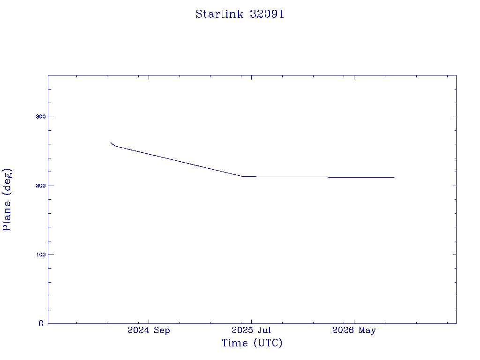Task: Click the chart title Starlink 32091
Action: click(240, 14)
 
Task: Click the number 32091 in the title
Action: click(267, 14)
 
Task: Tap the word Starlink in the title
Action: click(220, 14)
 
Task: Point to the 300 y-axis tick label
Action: click(41, 117)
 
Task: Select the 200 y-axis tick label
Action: click(41, 186)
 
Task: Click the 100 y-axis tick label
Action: click(41, 255)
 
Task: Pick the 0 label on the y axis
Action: click(41, 323)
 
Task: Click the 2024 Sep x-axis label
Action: click(149, 330)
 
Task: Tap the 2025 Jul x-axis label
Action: click(251, 330)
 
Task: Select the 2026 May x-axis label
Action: click(354, 330)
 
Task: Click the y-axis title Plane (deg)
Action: click(7, 200)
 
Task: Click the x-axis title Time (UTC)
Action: click(252, 343)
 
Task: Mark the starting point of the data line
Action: click(111, 142)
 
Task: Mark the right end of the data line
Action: click(394, 177)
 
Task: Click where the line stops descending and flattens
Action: click(242, 176)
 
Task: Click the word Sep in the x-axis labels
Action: click(162, 330)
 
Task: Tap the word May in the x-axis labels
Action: click(367, 330)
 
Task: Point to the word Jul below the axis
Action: click(264, 330)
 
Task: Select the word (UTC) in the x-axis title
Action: click(268, 343)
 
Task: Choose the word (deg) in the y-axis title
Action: click(7, 181)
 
